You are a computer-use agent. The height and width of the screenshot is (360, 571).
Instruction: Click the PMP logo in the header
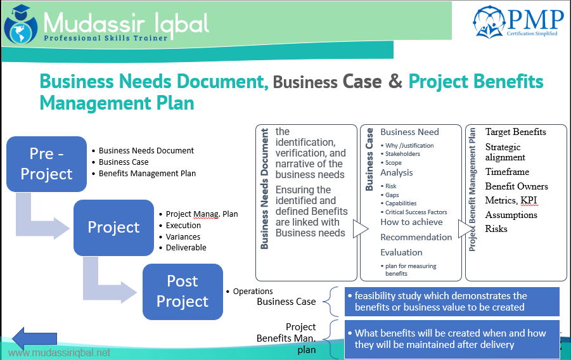coord(518,22)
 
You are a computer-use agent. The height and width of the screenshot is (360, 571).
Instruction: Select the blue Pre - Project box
coord(47,164)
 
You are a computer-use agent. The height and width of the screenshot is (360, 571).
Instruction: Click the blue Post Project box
coord(183,291)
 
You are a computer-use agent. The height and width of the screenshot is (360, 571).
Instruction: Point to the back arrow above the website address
coord(35,337)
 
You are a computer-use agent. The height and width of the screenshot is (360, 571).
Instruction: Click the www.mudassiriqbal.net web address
coord(59,352)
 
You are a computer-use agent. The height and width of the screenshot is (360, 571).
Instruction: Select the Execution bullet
coord(183,225)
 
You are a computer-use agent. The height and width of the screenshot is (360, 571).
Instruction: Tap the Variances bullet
coord(183,236)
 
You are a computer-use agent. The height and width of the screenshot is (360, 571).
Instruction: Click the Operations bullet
coord(253,292)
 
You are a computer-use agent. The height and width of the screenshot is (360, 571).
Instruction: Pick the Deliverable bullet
coord(186,248)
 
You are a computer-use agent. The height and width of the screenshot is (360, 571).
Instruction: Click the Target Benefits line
coord(515,132)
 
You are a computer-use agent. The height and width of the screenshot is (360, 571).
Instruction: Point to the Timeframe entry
coord(507,172)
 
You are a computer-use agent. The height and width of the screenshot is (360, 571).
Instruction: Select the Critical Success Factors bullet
coord(416,212)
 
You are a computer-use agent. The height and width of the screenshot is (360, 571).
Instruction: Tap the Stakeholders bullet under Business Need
coord(402,154)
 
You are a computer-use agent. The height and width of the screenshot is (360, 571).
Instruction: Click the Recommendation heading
coord(416,237)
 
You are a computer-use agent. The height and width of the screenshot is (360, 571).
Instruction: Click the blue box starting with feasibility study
coord(451,302)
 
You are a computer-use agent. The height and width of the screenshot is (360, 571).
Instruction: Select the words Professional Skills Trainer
coord(106,38)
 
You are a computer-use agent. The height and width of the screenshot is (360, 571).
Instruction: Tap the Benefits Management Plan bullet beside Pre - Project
coord(147,173)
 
